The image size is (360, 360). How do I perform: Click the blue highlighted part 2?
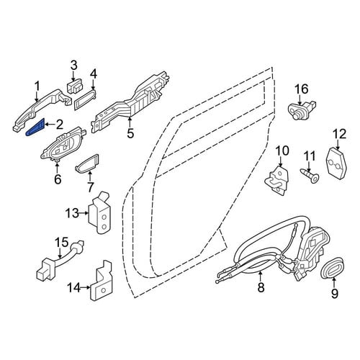tap(35, 127)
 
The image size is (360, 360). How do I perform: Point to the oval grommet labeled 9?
tap(333, 268)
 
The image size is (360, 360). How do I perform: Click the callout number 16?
tap(301, 90)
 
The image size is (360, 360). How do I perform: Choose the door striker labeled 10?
tap(277, 181)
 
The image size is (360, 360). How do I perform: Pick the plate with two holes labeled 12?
tap(337, 163)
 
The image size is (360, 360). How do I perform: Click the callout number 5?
tap(130, 133)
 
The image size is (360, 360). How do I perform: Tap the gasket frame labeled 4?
tap(86, 99)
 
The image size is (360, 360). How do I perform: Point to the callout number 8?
tap(261, 287)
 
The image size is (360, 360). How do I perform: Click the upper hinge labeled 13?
tap(100, 213)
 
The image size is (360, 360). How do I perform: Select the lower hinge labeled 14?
tap(101, 281)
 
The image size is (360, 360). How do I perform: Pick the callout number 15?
tap(62, 243)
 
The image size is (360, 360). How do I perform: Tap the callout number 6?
tap(58, 179)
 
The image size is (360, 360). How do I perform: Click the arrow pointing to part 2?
tap(49, 124)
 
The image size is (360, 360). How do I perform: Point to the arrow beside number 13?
tap(84, 212)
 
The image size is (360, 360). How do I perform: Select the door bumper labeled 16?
tap(301, 109)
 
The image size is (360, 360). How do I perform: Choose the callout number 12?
tap(339, 135)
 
